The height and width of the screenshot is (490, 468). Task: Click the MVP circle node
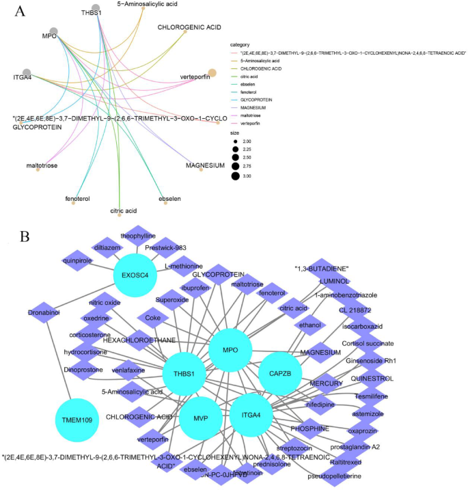pyautogui.click(x=201, y=418)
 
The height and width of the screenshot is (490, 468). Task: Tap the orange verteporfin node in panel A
pyautogui.click(x=212, y=73)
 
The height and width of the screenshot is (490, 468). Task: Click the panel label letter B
pyautogui.click(x=25, y=236)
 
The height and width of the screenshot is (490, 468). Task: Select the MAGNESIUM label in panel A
pyautogui.click(x=205, y=165)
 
